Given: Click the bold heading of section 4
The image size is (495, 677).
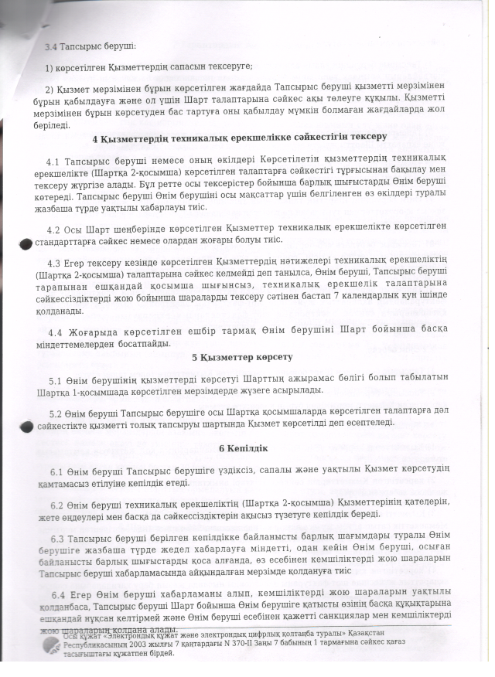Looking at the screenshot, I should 239,138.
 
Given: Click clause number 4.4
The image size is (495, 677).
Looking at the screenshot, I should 55,332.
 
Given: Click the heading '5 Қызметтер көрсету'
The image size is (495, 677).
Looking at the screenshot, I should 242,357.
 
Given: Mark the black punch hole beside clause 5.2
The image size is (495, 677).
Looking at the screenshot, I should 26,427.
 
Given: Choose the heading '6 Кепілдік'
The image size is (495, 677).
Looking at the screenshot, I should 243,448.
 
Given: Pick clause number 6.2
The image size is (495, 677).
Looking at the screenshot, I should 56,505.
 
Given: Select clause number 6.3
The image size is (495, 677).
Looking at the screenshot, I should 56,538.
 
